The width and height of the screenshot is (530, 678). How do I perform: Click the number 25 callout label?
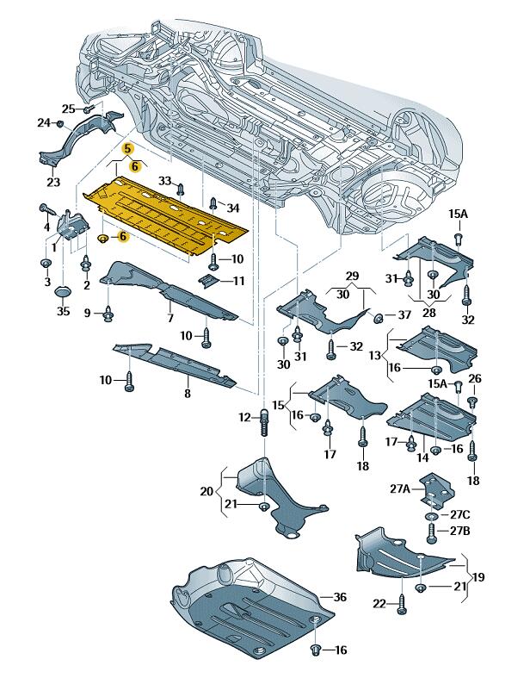[68, 109]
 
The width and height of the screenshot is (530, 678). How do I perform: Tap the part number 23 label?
[53, 182]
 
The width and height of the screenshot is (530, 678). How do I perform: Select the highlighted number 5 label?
[127, 148]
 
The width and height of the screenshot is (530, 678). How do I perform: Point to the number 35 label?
[63, 313]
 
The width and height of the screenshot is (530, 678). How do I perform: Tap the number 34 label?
[233, 207]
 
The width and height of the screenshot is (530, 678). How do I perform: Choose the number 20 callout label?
[206, 492]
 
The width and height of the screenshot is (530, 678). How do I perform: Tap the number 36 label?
[339, 596]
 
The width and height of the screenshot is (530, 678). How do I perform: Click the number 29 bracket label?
[352, 276]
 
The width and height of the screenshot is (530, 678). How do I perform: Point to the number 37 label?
[405, 315]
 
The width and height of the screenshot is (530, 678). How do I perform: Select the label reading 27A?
[400, 488]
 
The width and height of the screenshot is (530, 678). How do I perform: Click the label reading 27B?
[460, 531]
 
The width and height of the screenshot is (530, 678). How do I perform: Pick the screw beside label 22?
[402, 606]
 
